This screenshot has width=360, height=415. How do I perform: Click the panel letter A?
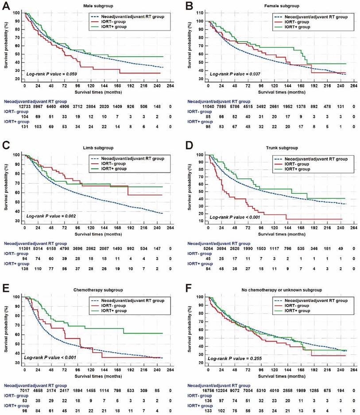point(6,6)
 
